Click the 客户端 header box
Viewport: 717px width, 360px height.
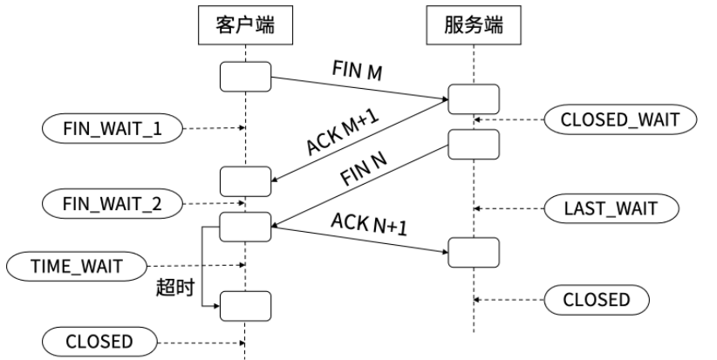245,25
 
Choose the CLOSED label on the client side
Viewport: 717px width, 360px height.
98,341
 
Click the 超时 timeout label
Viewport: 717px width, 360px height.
174,287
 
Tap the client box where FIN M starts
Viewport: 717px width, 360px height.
244,76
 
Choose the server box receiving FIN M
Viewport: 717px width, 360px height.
474,98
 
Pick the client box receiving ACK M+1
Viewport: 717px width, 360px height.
244,181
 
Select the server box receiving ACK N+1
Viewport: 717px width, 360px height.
474,251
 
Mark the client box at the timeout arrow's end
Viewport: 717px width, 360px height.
244,306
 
